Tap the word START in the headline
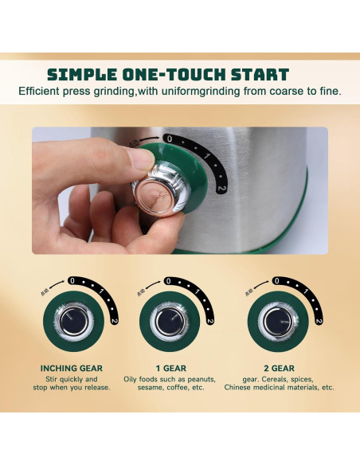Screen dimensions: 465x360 [260, 75]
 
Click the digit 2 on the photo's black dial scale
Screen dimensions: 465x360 [222, 190]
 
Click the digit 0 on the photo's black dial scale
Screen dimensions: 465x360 [168, 139]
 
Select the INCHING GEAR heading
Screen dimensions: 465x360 [72, 369]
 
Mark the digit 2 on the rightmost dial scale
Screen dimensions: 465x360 [318, 321]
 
